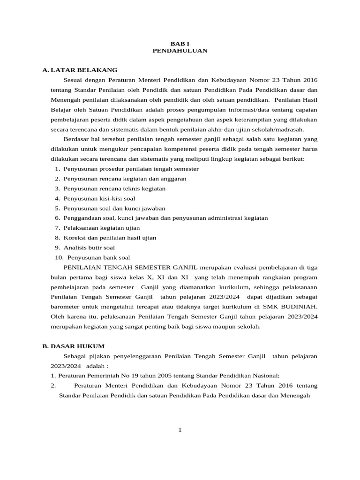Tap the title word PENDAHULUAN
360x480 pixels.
pos(180,51)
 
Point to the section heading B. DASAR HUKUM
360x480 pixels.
pos(73,346)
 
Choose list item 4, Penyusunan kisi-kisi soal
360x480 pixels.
pos(99,198)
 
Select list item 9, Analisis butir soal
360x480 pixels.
pos(89,247)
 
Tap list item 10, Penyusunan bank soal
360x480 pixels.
pos(98,257)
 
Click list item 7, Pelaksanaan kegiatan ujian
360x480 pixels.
pos(102,228)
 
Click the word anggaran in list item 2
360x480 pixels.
pos(174,179)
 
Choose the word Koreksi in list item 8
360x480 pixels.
pos(74,238)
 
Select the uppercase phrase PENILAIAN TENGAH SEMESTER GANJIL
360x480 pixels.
pos(131,267)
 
